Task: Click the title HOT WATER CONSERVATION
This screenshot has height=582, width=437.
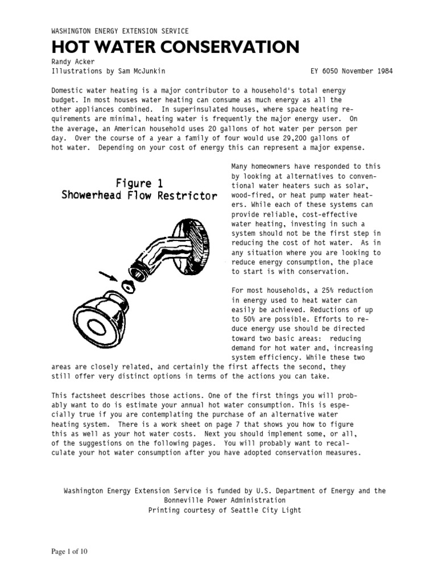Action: tap(175, 47)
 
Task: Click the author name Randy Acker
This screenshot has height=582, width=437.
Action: tap(72, 62)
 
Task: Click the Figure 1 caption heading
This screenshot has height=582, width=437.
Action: tap(139, 184)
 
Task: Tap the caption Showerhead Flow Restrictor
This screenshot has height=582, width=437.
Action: tap(139, 196)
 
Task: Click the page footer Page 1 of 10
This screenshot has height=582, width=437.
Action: tap(69, 551)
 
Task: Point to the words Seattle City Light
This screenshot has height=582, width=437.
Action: tap(273, 510)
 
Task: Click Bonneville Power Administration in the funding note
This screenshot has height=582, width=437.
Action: tap(224, 500)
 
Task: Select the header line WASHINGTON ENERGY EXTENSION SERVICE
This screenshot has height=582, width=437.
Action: tap(120, 31)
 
